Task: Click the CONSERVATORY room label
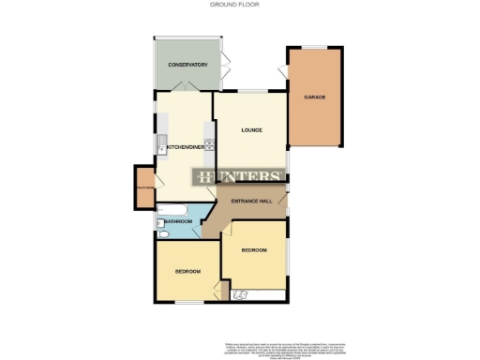187,65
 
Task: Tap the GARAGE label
314,97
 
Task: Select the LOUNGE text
249,129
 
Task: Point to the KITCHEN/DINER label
187,146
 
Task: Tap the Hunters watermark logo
238,177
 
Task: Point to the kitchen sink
160,144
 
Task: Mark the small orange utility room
144,183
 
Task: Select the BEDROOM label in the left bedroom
187,272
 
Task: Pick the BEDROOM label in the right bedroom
254,250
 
